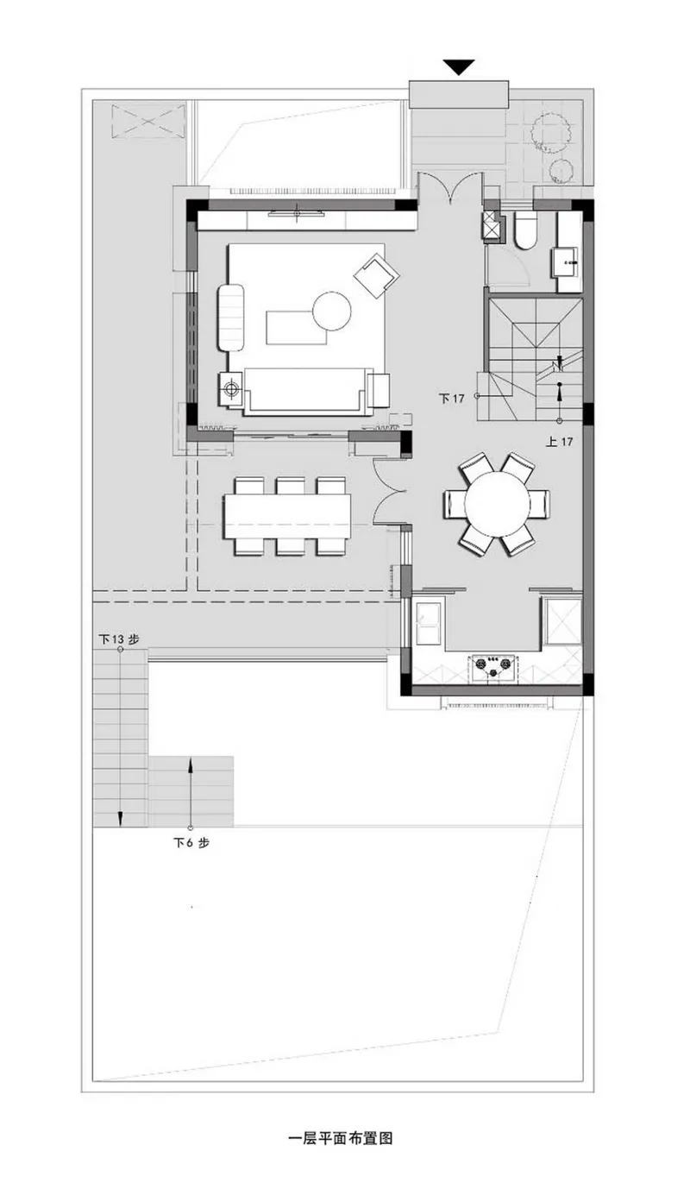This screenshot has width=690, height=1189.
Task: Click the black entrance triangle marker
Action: (x=459, y=67)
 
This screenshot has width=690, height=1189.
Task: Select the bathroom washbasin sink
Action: (x=570, y=262)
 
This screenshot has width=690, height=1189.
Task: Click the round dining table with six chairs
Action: (x=497, y=503)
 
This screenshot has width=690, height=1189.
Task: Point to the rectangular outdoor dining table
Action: (x=287, y=516)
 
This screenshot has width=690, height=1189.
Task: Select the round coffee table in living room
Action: (x=332, y=311)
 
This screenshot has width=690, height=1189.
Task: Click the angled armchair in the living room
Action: (x=376, y=274)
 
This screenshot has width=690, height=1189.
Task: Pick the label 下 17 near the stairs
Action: (x=451, y=398)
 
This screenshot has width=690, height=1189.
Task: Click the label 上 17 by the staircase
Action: (x=560, y=441)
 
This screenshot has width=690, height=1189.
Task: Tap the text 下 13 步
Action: (x=119, y=639)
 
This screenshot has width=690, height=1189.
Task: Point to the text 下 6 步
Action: (x=191, y=842)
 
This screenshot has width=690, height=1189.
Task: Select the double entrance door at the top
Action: (x=450, y=189)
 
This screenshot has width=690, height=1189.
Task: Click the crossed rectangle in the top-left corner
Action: (x=148, y=122)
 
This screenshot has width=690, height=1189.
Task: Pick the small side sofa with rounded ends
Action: (x=231, y=318)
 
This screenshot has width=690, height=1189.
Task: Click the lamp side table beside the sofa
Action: (x=231, y=389)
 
